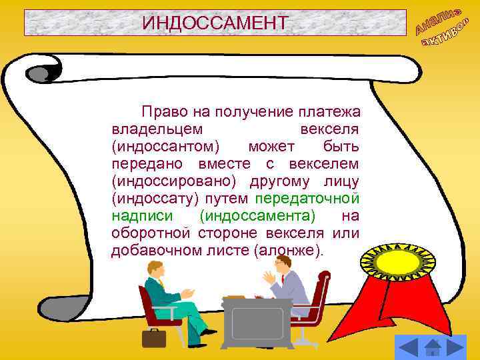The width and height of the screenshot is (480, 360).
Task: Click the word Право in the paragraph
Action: (x=162, y=111)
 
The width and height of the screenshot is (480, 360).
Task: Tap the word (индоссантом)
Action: (x=167, y=146)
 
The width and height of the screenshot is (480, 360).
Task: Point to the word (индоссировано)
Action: (x=177, y=181)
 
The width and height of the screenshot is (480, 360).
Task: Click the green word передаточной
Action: (x=307, y=198)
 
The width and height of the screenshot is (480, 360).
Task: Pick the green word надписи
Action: (x=143, y=216)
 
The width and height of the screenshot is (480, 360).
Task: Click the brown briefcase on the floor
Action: (x=154, y=337)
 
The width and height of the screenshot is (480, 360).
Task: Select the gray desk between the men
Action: (x=257, y=320)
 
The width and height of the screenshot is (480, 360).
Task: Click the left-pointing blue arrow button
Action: (x=407, y=347)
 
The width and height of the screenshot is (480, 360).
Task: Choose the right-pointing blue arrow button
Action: (x=456, y=347)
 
